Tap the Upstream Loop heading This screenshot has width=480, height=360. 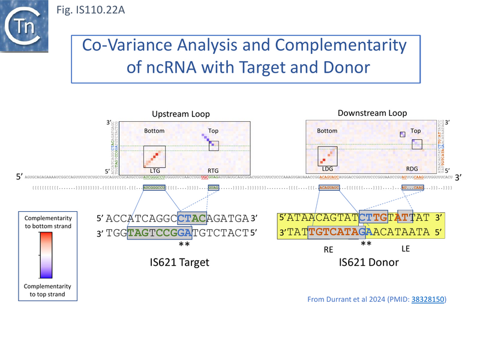(181, 113)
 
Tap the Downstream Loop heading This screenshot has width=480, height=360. (372, 113)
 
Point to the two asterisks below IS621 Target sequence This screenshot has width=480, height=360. (184, 245)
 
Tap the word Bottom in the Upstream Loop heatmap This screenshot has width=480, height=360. (154, 131)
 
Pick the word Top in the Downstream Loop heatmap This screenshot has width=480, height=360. (416, 130)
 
